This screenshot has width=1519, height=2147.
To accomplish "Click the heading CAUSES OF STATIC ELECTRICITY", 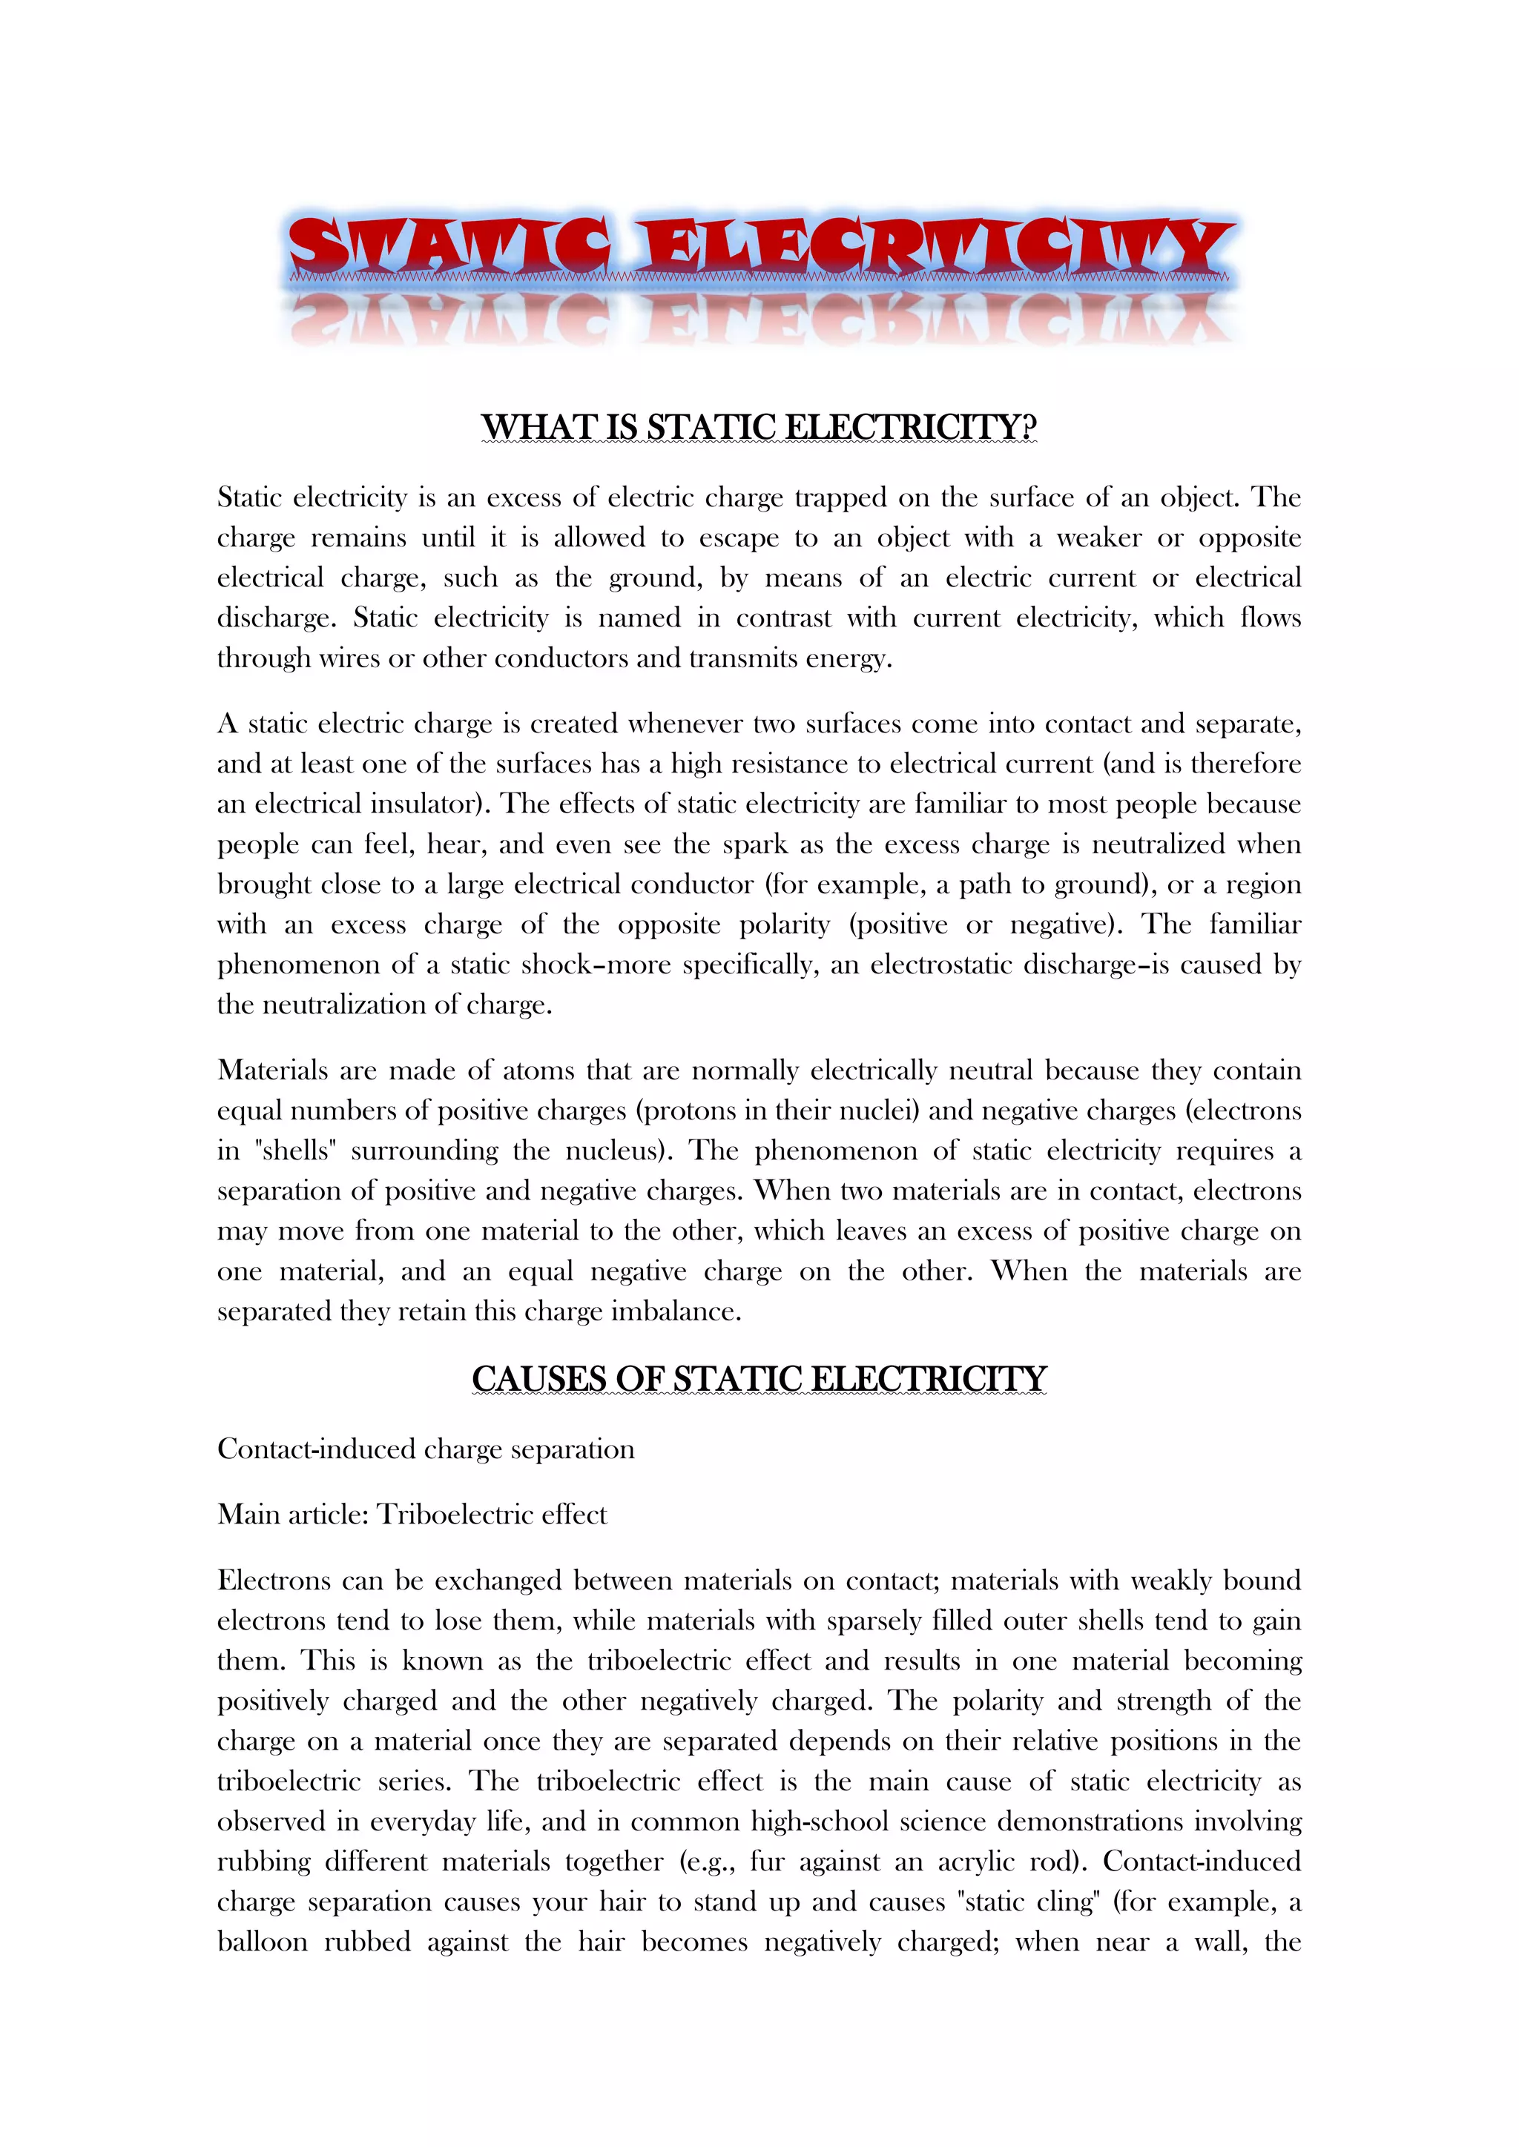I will click(x=759, y=1378).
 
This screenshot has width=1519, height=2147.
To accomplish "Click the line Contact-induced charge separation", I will click(x=426, y=1449).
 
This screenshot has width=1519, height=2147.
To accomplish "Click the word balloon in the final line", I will click(x=262, y=1942).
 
